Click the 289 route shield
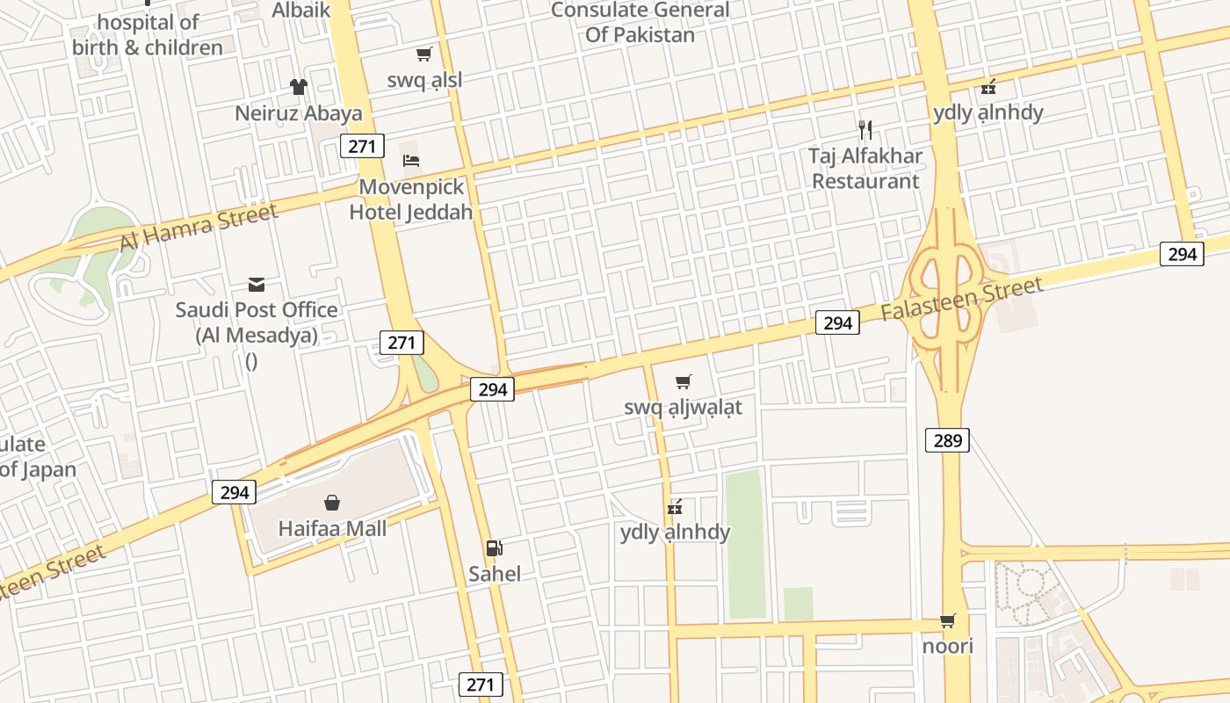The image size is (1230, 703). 948,439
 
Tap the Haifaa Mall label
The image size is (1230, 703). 332,529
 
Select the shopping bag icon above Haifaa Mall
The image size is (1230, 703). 332,503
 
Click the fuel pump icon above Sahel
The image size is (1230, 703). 495,548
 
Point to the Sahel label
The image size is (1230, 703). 495,574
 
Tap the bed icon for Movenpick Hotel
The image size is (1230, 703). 411,160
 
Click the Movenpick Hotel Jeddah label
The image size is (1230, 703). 411,199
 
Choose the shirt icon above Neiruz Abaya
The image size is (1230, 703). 299,86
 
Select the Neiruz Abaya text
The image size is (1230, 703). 299,113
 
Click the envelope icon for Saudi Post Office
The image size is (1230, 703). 257,284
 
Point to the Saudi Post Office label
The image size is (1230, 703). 256,323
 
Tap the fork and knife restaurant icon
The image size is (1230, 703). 865,130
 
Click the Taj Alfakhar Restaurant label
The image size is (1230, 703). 865,169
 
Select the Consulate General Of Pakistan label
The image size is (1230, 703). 640,23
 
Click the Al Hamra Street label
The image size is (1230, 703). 198,226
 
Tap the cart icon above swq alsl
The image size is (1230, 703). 424,54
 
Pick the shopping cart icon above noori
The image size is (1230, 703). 948,621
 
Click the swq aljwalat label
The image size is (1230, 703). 683,407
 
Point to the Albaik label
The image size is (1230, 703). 301,10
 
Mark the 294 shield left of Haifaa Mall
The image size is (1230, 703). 235,492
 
